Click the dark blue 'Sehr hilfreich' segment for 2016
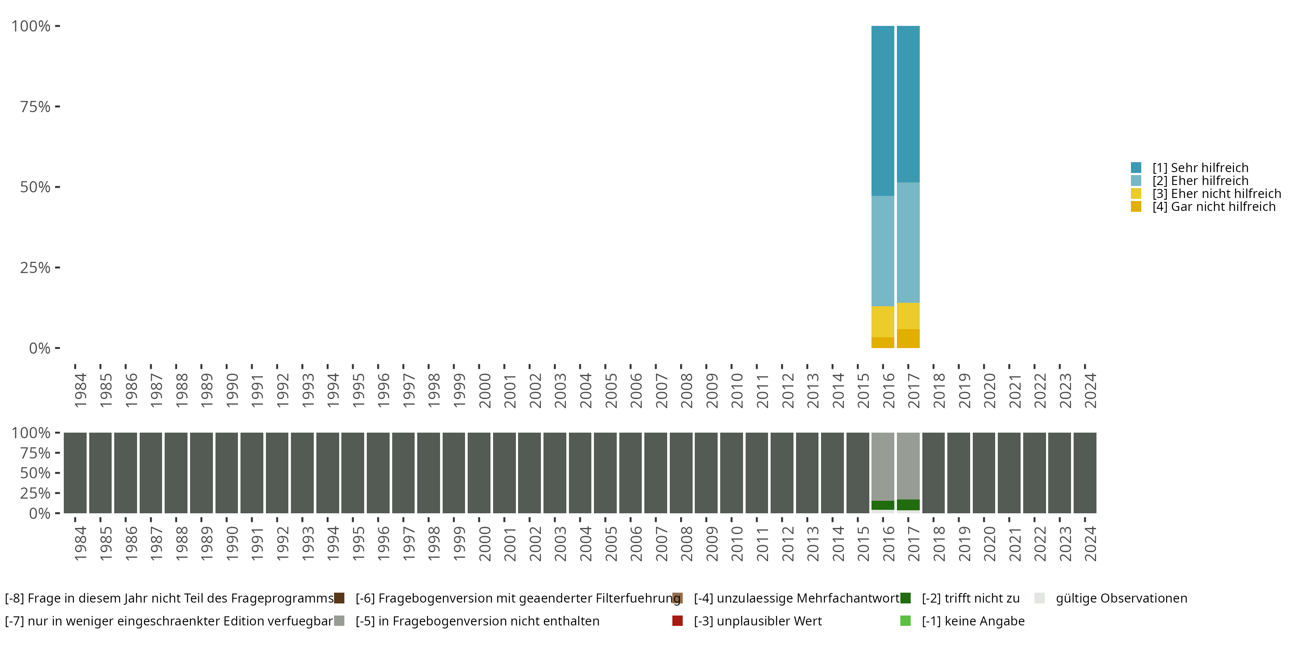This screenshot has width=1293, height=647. [x=882, y=110]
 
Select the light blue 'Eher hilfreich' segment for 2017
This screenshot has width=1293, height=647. [x=908, y=242]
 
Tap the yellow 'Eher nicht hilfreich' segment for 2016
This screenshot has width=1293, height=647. [x=882, y=321]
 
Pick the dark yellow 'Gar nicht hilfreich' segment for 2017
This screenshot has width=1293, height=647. [x=908, y=339]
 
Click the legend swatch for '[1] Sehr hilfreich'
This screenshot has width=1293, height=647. [x=1136, y=168]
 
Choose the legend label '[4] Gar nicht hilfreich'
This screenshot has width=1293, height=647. [x=1214, y=207]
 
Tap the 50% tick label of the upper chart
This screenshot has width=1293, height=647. [x=35, y=187]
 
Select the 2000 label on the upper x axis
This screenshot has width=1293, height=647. [x=484, y=390]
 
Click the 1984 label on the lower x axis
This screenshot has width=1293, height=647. [x=80, y=543]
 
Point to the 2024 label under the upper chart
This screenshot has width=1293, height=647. [x=1090, y=390]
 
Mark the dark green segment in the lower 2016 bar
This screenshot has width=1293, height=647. [x=882, y=506]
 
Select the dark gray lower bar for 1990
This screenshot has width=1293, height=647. [x=226, y=473]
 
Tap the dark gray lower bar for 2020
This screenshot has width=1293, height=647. [x=984, y=473]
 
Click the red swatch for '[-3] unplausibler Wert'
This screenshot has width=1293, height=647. [x=677, y=621]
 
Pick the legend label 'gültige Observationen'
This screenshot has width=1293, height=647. [x=1121, y=598]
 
